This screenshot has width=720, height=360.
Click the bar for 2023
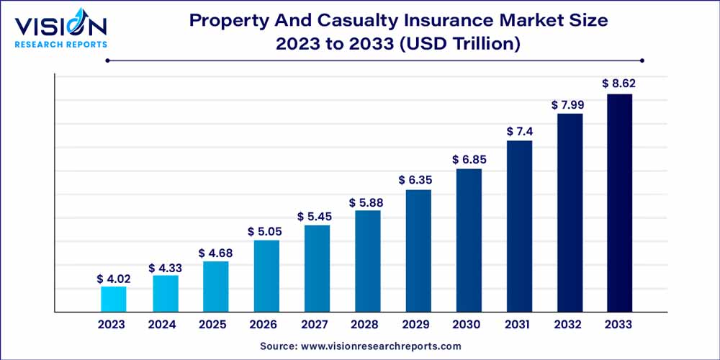[114, 299]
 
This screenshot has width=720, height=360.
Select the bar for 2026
[266, 276]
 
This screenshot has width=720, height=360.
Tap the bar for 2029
[418, 251]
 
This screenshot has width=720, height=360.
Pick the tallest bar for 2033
[620, 203]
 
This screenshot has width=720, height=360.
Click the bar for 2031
[519, 226]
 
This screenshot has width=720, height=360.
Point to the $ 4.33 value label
[164, 268]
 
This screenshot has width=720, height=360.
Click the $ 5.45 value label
[316, 217]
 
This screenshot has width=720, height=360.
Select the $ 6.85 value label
[469, 160]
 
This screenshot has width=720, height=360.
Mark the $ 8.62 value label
[620, 84]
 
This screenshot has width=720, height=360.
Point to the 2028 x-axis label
[367, 325]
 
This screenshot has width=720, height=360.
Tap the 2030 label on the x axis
[469, 325]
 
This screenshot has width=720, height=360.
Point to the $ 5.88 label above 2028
[367, 202]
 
